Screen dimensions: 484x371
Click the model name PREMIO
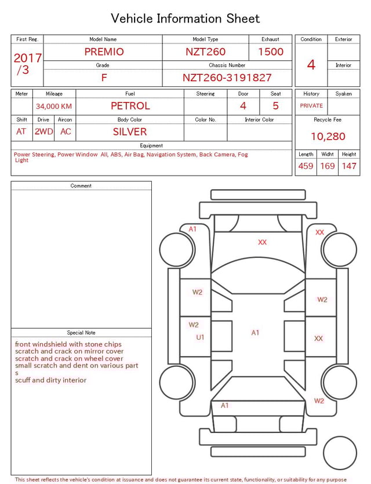pyautogui.click(x=104, y=52)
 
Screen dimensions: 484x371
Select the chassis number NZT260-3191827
pyautogui.click(x=227, y=78)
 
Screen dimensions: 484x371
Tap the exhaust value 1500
pyautogui.click(x=271, y=52)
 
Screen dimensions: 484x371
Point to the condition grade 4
pyautogui.click(x=311, y=64)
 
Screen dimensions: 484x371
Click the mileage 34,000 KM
pyautogui.click(x=54, y=106)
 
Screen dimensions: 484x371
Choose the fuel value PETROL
pyautogui.click(x=130, y=105)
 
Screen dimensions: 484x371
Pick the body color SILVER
pyautogui.click(x=130, y=132)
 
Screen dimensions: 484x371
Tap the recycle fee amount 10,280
pyautogui.click(x=328, y=136)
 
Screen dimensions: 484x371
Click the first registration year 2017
pyautogui.click(x=27, y=58)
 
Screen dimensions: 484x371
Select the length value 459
pyautogui.click(x=305, y=166)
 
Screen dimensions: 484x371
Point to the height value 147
pyautogui.click(x=349, y=166)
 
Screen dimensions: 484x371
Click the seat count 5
pyautogui.click(x=275, y=105)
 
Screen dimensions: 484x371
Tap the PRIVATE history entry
pyautogui.click(x=311, y=105)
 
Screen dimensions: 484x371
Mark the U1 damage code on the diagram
pyautogui.click(x=200, y=337)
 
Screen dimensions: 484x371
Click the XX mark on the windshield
pyautogui.click(x=262, y=242)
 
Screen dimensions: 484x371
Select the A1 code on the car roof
pyautogui.click(x=255, y=333)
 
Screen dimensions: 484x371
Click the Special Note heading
pyautogui.click(x=81, y=333)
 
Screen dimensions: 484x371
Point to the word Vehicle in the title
pyautogui.click(x=132, y=19)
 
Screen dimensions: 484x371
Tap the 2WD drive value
pyautogui.click(x=43, y=132)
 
